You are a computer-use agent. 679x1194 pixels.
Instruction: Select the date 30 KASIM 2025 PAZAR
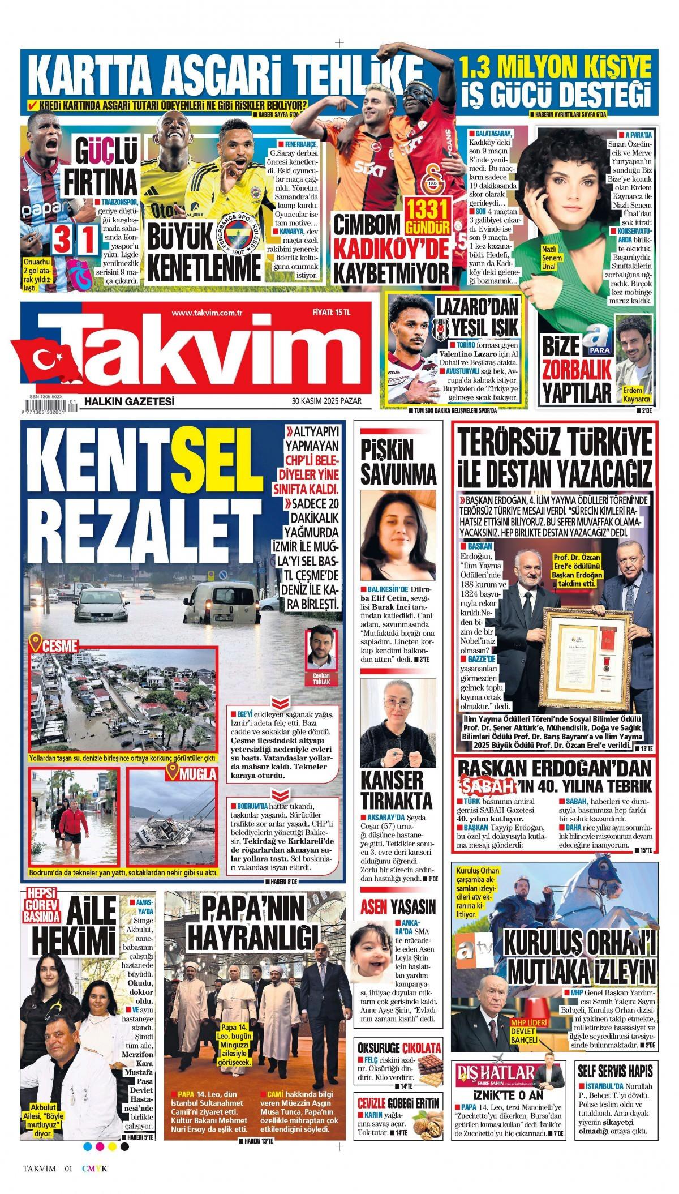click(x=326, y=401)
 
